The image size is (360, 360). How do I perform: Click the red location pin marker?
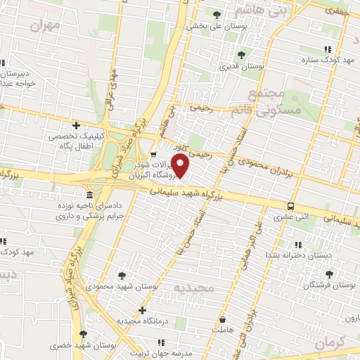(x=181, y=166)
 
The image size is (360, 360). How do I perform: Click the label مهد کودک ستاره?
(x=327, y=60)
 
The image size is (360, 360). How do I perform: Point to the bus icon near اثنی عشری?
(x=290, y=206)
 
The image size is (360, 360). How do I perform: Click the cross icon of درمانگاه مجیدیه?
(x=143, y=310)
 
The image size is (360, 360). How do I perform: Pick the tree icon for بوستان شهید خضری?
(x=84, y=334)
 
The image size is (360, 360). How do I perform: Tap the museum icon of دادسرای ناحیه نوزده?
(x=88, y=195)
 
